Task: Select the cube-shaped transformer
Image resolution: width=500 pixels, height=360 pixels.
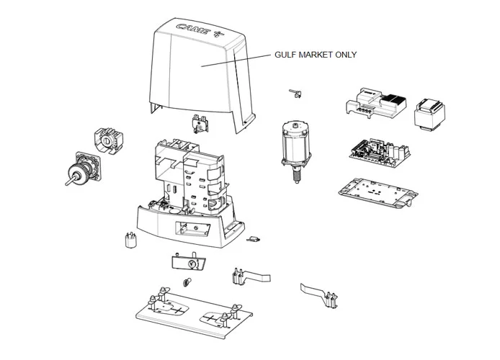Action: [429, 113]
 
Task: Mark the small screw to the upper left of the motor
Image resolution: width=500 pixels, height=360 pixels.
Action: [293, 92]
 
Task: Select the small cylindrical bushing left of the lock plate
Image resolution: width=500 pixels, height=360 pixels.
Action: [132, 240]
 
